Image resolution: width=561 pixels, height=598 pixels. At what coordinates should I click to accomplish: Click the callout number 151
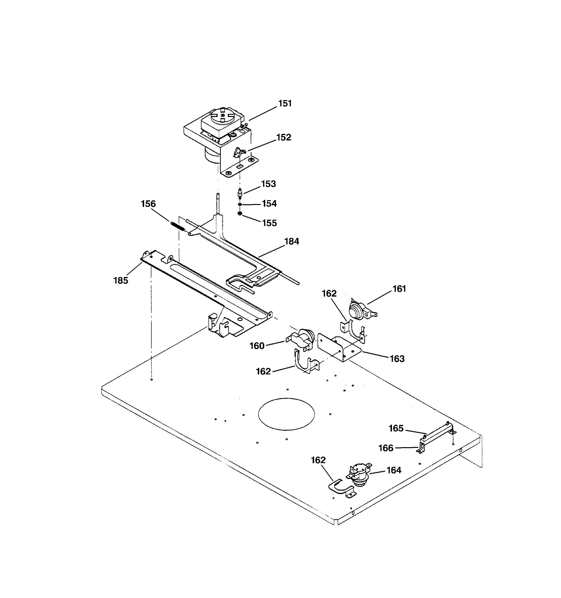tap(285, 103)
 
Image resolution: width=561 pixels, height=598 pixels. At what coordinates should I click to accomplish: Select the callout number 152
tap(283, 138)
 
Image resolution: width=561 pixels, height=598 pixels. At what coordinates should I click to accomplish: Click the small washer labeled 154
tap(240, 204)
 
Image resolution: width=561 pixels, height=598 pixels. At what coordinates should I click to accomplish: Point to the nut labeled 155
tap(240, 214)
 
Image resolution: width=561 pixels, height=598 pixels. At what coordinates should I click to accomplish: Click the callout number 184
tap(292, 241)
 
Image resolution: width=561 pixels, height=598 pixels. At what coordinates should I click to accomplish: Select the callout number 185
tap(121, 280)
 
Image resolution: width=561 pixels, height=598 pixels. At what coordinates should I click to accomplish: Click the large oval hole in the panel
tap(286, 414)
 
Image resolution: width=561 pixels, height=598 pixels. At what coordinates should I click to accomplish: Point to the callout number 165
tap(396, 428)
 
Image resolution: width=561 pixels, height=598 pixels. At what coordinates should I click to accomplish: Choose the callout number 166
tap(385, 448)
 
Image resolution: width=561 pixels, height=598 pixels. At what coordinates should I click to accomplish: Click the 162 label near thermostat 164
tap(318, 460)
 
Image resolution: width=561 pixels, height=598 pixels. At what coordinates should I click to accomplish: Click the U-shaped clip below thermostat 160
tap(304, 363)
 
